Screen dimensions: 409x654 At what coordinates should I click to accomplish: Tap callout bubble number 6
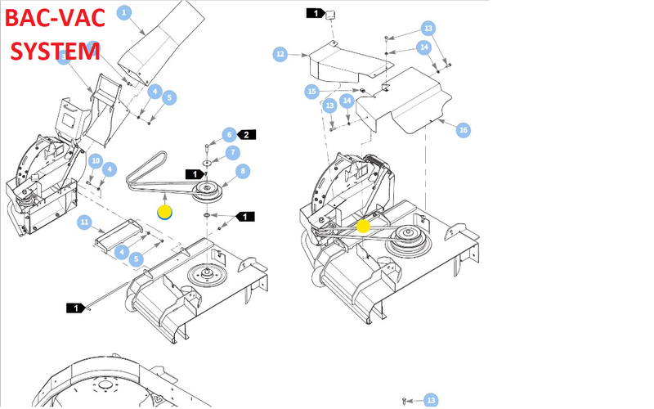pyautogui.click(x=229, y=134)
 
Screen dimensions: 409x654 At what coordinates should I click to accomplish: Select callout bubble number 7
pyautogui.click(x=233, y=153)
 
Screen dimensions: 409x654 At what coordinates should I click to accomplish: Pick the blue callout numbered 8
pyautogui.click(x=242, y=171)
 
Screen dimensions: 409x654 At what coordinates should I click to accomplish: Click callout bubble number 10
pyautogui.click(x=95, y=160)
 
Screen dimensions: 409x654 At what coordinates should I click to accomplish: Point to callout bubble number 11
pyautogui.click(x=83, y=222)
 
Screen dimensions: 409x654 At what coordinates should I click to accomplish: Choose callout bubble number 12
pyautogui.click(x=280, y=54)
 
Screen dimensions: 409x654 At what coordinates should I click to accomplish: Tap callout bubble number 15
pyautogui.click(x=311, y=91)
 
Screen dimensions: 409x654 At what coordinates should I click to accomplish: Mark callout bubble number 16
pyautogui.click(x=463, y=130)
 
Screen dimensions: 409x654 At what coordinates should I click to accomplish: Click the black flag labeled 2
pyautogui.click(x=249, y=133)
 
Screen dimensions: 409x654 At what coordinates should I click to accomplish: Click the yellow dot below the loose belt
pyautogui.click(x=164, y=212)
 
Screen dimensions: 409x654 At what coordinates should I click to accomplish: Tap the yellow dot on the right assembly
pyautogui.click(x=364, y=223)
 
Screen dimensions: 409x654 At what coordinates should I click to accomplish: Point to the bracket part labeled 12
pyautogui.click(x=339, y=61)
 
